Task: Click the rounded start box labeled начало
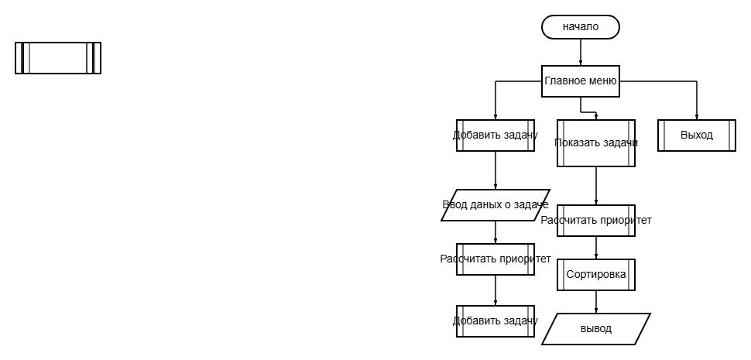pyautogui.click(x=581, y=27)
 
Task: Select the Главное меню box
pyautogui.click(x=581, y=81)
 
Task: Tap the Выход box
pyautogui.click(x=697, y=135)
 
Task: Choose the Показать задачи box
pyautogui.click(x=596, y=143)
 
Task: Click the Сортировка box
pyautogui.click(x=596, y=275)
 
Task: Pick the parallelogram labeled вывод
pyautogui.click(x=596, y=329)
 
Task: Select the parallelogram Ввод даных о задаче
pyautogui.click(x=496, y=205)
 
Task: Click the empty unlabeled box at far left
pyautogui.click(x=58, y=58)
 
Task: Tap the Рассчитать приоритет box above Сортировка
pyautogui.click(x=596, y=221)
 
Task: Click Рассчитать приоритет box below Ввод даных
pyautogui.click(x=496, y=259)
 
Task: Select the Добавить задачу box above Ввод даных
pyautogui.click(x=496, y=135)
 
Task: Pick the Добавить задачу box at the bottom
pyautogui.click(x=496, y=321)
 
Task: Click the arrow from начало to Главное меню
pyautogui.click(x=581, y=52)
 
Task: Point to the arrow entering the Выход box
pyautogui.click(x=697, y=101)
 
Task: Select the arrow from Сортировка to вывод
pyautogui.click(x=596, y=302)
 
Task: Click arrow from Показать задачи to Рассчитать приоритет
pyautogui.click(x=596, y=186)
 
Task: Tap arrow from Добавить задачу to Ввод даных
pyautogui.click(x=496, y=170)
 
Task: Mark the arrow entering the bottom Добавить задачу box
pyautogui.click(x=496, y=290)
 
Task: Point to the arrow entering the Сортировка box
pyautogui.click(x=596, y=248)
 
